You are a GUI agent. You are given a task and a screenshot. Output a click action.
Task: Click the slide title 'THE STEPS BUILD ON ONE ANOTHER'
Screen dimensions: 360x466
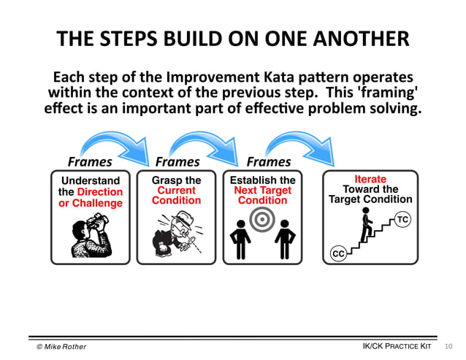pos(233,39)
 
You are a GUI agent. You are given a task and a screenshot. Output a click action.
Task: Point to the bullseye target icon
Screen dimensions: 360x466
pos(261,220)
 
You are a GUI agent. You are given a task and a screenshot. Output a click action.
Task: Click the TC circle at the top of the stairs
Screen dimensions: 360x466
pos(402,218)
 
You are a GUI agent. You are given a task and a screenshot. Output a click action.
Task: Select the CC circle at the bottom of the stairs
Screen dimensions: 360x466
pos(338,253)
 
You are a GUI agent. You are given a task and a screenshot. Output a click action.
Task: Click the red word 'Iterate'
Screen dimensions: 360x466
pos(370,179)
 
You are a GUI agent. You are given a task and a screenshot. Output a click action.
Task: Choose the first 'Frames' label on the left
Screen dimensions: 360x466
pos(90,161)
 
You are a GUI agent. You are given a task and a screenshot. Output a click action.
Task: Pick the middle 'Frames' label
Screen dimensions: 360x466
pos(177,161)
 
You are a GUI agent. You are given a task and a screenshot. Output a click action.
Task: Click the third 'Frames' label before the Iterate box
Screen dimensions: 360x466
pos(268,161)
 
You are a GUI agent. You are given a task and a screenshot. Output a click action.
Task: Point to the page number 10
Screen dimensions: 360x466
pos(448,345)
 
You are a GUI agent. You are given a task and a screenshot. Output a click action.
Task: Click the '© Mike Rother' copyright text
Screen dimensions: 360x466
pos(61,346)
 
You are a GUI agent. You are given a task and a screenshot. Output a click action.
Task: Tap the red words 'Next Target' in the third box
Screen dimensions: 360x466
pos(262,190)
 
